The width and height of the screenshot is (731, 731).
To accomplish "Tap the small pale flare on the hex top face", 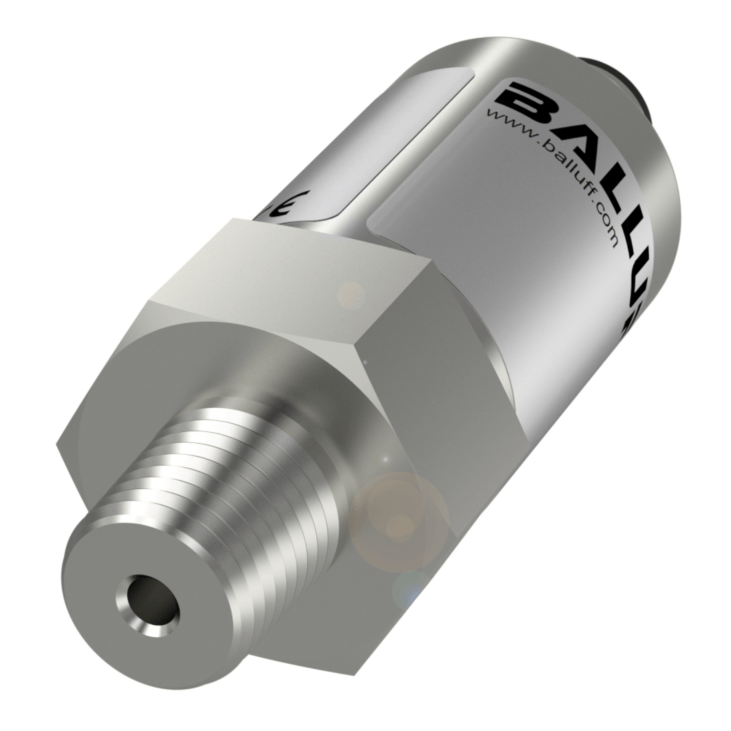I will click(x=350, y=295).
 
